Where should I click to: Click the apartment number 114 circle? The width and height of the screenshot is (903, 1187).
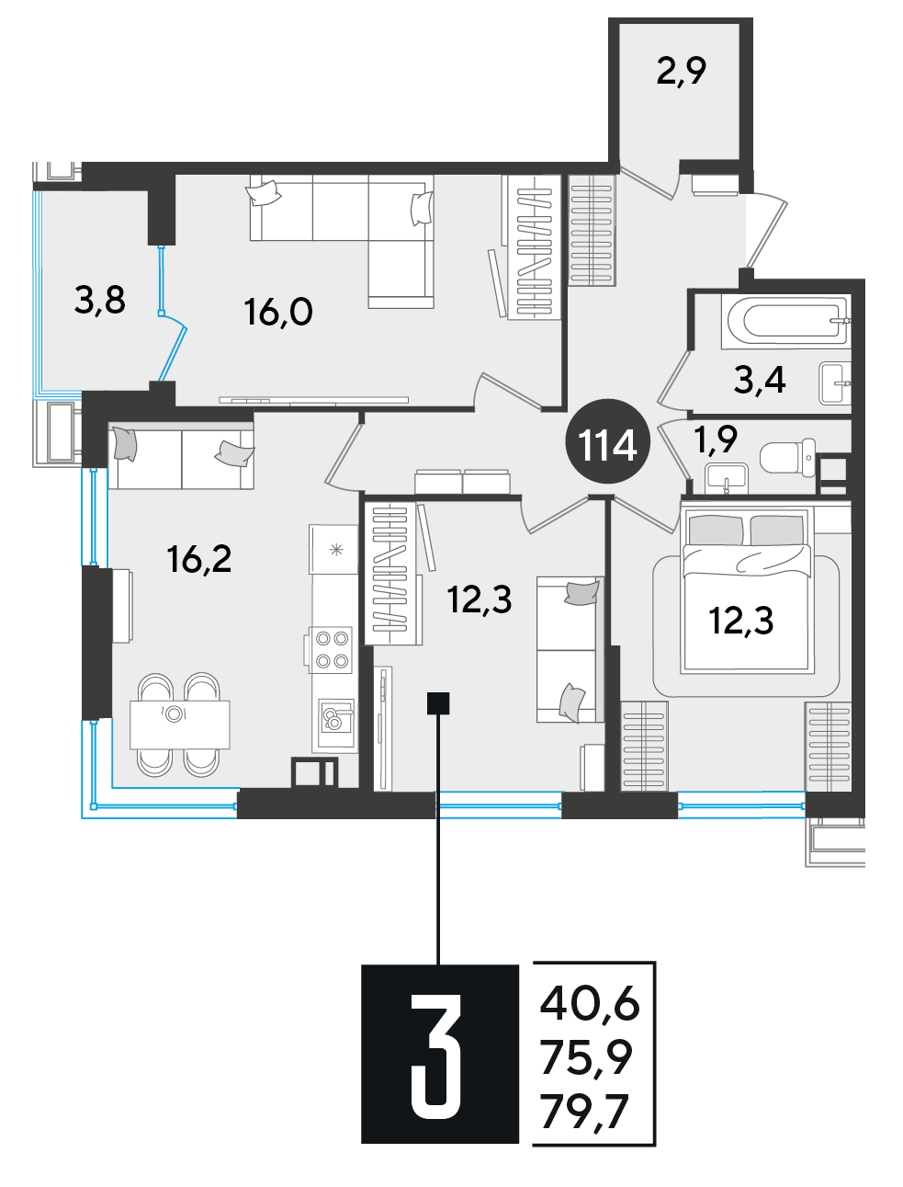click(607, 441)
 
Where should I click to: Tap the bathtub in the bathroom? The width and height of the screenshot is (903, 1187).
click(787, 320)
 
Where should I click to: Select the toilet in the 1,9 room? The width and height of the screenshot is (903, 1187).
click(787, 458)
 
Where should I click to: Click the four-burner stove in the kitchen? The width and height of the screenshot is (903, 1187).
click(331, 649)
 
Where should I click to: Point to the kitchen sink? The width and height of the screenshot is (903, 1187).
click(335, 717)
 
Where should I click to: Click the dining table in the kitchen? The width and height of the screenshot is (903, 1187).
click(179, 725)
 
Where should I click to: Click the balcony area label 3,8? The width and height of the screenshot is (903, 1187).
click(100, 301)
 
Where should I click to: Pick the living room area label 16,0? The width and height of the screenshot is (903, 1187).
click(278, 312)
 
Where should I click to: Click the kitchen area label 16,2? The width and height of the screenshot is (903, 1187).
click(199, 558)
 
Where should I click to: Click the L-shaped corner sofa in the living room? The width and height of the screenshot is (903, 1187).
click(342, 241)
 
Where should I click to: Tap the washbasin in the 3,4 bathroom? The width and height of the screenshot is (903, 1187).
click(834, 383)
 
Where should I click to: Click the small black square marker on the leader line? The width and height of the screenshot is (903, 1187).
click(438, 703)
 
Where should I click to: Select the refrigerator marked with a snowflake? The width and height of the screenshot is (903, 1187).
click(333, 549)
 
